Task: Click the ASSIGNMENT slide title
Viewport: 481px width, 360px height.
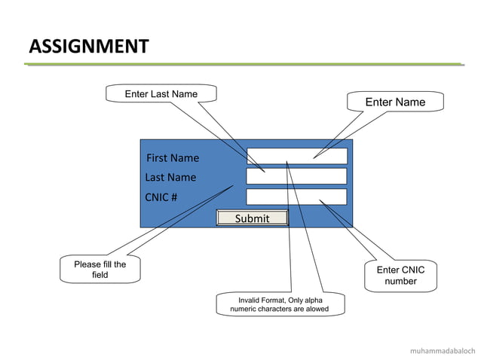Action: (x=88, y=46)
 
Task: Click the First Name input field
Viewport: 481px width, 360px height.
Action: (x=296, y=156)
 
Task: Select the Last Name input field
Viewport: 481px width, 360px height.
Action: (x=296, y=176)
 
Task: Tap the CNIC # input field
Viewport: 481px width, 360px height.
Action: (x=296, y=197)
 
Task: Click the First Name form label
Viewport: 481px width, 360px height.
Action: (x=173, y=158)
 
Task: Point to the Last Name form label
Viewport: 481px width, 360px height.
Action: (x=170, y=178)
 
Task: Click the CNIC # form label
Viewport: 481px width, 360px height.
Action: (x=161, y=197)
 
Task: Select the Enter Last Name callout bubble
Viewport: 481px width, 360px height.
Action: (x=161, y=94)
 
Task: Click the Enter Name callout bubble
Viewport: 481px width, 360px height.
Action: (x=395, y=102)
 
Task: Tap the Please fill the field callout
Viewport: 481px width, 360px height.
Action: (x=100, y=270)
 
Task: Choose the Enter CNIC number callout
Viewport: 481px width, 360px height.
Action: (x=400, y=276)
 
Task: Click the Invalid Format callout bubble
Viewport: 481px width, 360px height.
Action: (x=279, y=304)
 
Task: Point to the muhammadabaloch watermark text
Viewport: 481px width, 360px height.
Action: (x=442, y=351)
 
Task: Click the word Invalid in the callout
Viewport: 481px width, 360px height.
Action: (x=251, y=300)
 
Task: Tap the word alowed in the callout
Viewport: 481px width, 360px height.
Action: (x=315, y=309)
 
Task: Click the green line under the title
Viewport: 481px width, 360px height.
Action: (x=241, y=65)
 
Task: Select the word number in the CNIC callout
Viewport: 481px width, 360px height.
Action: (x=400, y=282)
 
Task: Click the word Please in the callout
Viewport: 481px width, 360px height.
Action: (x=87, y=264)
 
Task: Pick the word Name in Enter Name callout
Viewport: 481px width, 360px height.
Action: (x=411, y=102)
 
